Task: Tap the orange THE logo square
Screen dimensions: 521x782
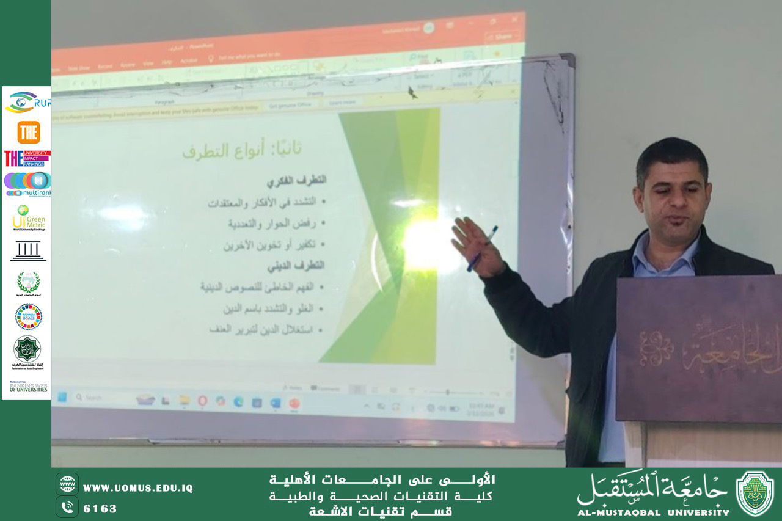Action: [x=28, y=132]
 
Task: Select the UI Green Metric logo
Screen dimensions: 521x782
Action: [x=28, y=218]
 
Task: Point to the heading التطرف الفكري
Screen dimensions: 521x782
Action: [x=296, y=180]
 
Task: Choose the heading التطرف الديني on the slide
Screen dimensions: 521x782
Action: [x=296, y=266]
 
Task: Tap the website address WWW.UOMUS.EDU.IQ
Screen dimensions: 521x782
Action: [x=138, y=487]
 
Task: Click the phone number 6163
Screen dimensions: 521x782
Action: [x=100, y=508]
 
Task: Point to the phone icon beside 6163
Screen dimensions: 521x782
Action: [x=67, y=507]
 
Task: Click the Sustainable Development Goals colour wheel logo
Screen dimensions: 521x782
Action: [x=28, y=316]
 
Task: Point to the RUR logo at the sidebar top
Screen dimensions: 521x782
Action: [x=27, y=103]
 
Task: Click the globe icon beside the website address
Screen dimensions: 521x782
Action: [x=67, y=484]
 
